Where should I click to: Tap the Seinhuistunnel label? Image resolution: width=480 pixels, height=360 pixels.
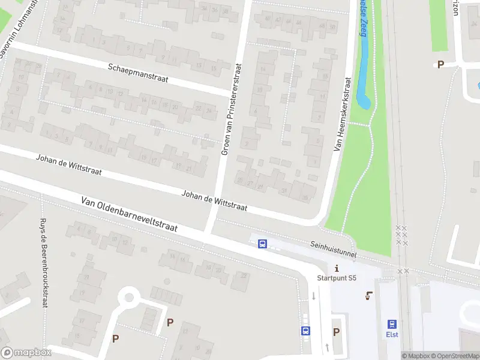point(333,250)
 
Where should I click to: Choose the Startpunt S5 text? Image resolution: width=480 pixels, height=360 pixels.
point(337,278)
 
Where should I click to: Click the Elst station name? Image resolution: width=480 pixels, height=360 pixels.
point(392,335)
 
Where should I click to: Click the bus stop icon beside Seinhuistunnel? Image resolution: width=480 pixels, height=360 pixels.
point(262,244)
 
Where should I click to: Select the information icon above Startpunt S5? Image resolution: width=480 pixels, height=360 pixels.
point(337,268)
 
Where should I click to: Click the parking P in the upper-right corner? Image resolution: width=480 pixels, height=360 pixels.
point(440,65)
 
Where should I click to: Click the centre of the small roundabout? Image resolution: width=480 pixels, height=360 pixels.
point(128,296)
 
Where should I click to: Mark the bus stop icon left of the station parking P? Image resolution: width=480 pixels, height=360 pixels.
point(305,331)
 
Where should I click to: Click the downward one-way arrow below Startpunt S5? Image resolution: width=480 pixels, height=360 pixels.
point(314,296)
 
